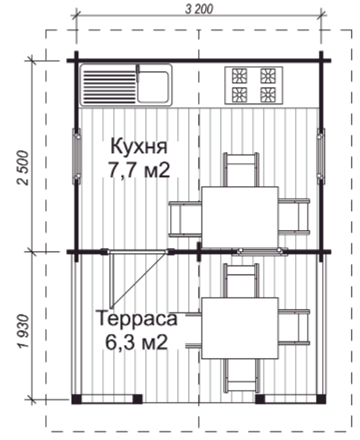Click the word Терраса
[x=136, y=319]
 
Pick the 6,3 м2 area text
[x=136, y=341]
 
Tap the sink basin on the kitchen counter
[x=155, y=85]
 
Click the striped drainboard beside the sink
[x=108, y=85]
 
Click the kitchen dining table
[x=240, y=217]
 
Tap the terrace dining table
[x=240, y=328]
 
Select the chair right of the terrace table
[x=295, y=328]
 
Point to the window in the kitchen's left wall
[x=75, y=155]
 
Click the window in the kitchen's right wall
[x=320, y=155]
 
